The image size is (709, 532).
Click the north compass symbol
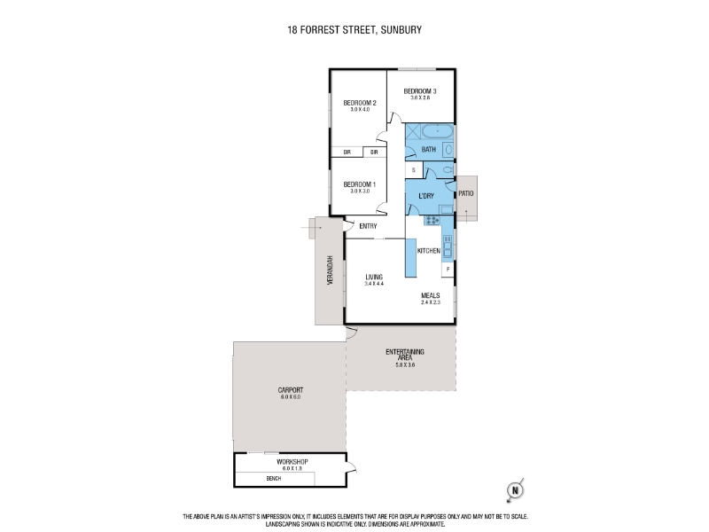[x=515, y=490]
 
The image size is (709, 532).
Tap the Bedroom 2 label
[x=360, y=103]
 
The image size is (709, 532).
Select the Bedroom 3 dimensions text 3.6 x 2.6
[x=420, y=98]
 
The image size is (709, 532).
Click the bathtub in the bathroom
[x=437, y=131]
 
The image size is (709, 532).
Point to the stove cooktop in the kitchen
[x=432, y=220]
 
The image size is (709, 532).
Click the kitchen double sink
[x=448, y=246]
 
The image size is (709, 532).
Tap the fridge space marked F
[x=448, y=270]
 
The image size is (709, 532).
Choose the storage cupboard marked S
[x=413, y=170]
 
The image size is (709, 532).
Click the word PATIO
[x=466, y=193]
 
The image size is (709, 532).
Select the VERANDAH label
[x=331, y=270]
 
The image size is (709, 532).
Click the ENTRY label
[x=368, y=226]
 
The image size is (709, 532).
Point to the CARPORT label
[x=291, y=390]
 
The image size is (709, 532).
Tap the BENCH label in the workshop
[x=274, y=478]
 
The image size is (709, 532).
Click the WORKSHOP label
[x=292, y=462]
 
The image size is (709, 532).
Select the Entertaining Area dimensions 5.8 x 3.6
[x=405, y=364]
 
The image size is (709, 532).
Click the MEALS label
[x=431, y=295]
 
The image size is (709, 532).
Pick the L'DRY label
[x=426, y=196]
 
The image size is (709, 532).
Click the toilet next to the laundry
[x=448, y=169]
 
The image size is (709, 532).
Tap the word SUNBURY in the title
[x=401, y=30]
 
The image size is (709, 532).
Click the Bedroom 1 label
[x=360, y=184]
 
